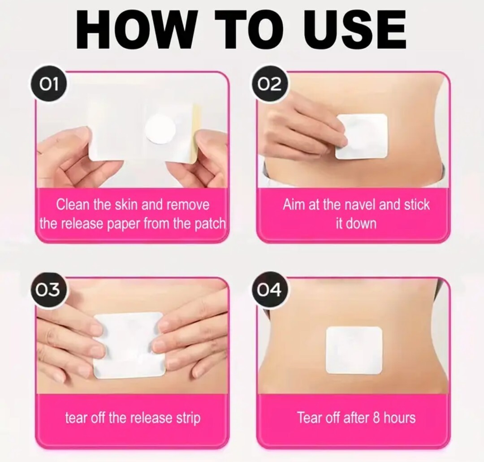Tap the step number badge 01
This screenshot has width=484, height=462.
pyautogui.click(x=49, y=84)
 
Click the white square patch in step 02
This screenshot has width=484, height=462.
pyautogui.click(x=361, y=136)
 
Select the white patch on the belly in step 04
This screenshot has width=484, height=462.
pyautogui.click(x=354, y=350)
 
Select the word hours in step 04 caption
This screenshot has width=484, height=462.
pyautogui.click(x=399, y=418)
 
